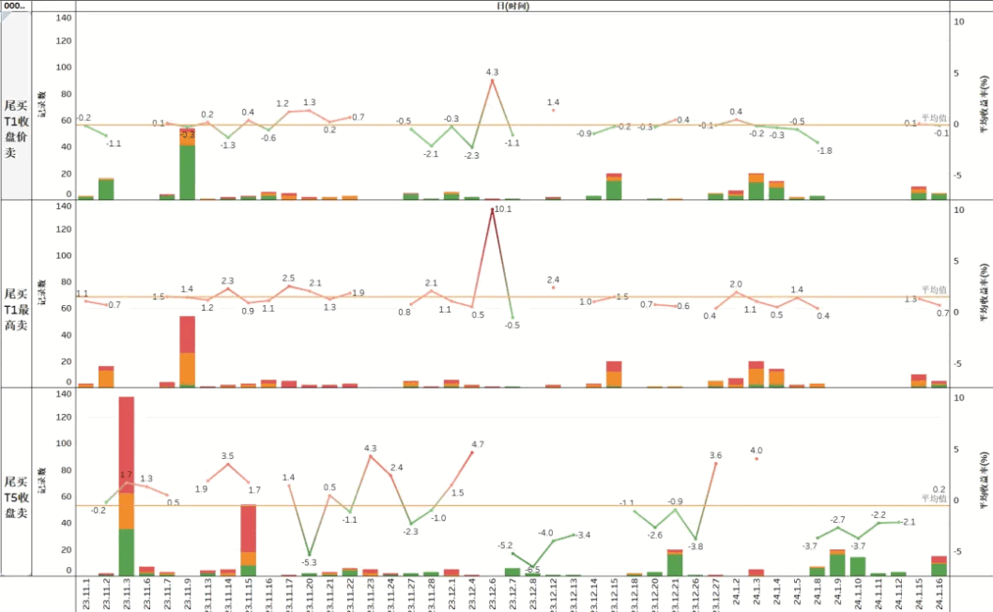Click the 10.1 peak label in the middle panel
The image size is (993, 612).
(502, 209)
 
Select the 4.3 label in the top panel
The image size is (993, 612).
(492, 72)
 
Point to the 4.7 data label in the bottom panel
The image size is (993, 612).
(478, 444)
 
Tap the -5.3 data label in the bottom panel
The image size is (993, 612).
(309, 562)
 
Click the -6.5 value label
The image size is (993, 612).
(532, 570)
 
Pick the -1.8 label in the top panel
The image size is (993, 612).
(823, 150)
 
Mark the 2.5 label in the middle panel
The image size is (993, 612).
(288, 278)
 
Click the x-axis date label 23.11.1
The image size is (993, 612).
(85, 594)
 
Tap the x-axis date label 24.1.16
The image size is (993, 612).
(940, 594)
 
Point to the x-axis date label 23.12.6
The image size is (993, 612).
(493, 594)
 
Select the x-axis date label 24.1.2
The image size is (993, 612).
(736, 594)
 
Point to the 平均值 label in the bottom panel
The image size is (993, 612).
(933, 498)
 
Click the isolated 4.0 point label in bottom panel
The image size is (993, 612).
(756, 451)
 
